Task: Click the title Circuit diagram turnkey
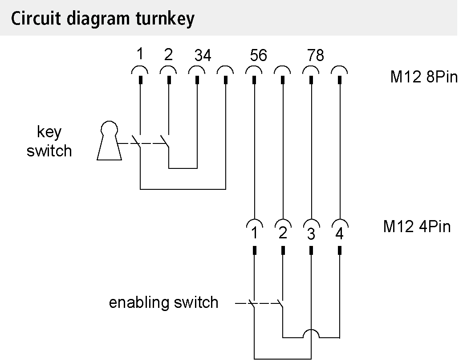click(102, 19)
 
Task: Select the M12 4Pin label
click(417, 227)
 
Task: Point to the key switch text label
click(49, 142)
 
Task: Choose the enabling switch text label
click(164, 303)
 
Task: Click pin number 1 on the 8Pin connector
click(140, 54)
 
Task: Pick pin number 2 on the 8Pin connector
click(168, 54)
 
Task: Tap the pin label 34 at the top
click(203, 56)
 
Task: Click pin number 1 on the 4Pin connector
click(254, 233)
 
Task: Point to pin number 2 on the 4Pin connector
click(282, 233)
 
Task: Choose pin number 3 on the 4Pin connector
click(311, 234)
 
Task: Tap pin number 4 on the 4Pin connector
click(339, 234)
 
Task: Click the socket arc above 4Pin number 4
click(339, 222)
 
